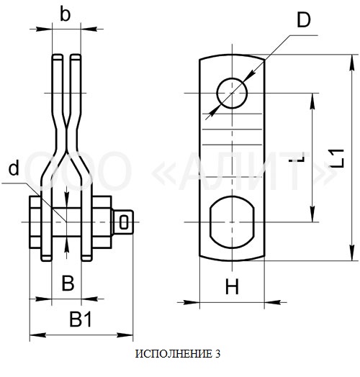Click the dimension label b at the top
(x=65, y=15)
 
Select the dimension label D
(x=304, y=20)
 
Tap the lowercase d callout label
(x=14, y=168)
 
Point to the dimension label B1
(x=81, y=319)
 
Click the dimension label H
(x=233, y=286)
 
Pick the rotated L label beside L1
(x=297, y=157)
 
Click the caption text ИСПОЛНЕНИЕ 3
(x=178, y=354)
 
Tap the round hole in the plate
(x=232, y=93)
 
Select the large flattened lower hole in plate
(x=232, y=222)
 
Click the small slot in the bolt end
(x=124, y=222)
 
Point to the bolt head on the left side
(x=35, y=222)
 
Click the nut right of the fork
(x=102, y=222)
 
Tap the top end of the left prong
(x=58, y=57)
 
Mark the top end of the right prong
(x=76, y=57)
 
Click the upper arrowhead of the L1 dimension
(x=352, y=63)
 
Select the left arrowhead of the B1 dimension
(x=37, y=335)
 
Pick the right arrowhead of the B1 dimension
(x=125, y=335)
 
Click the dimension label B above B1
(x=68, y=283)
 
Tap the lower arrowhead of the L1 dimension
(x=352, y=253)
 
